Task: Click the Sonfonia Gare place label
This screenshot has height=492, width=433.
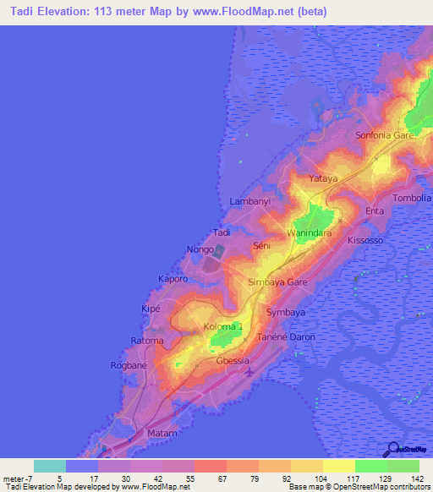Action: pos(384,135)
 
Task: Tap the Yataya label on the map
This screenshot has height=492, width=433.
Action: pos(322,179)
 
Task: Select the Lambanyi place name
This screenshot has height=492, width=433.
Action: pos(249,201)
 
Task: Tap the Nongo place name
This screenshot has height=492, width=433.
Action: pos(200,249)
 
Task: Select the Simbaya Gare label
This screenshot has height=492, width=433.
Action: pos(277,282)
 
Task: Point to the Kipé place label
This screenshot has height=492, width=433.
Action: pos(151,309)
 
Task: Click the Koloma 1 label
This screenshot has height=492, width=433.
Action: pos(223,326)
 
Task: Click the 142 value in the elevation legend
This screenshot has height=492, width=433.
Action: pos(415,478)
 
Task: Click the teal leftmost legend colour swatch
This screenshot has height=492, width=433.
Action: pos(50,466)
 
